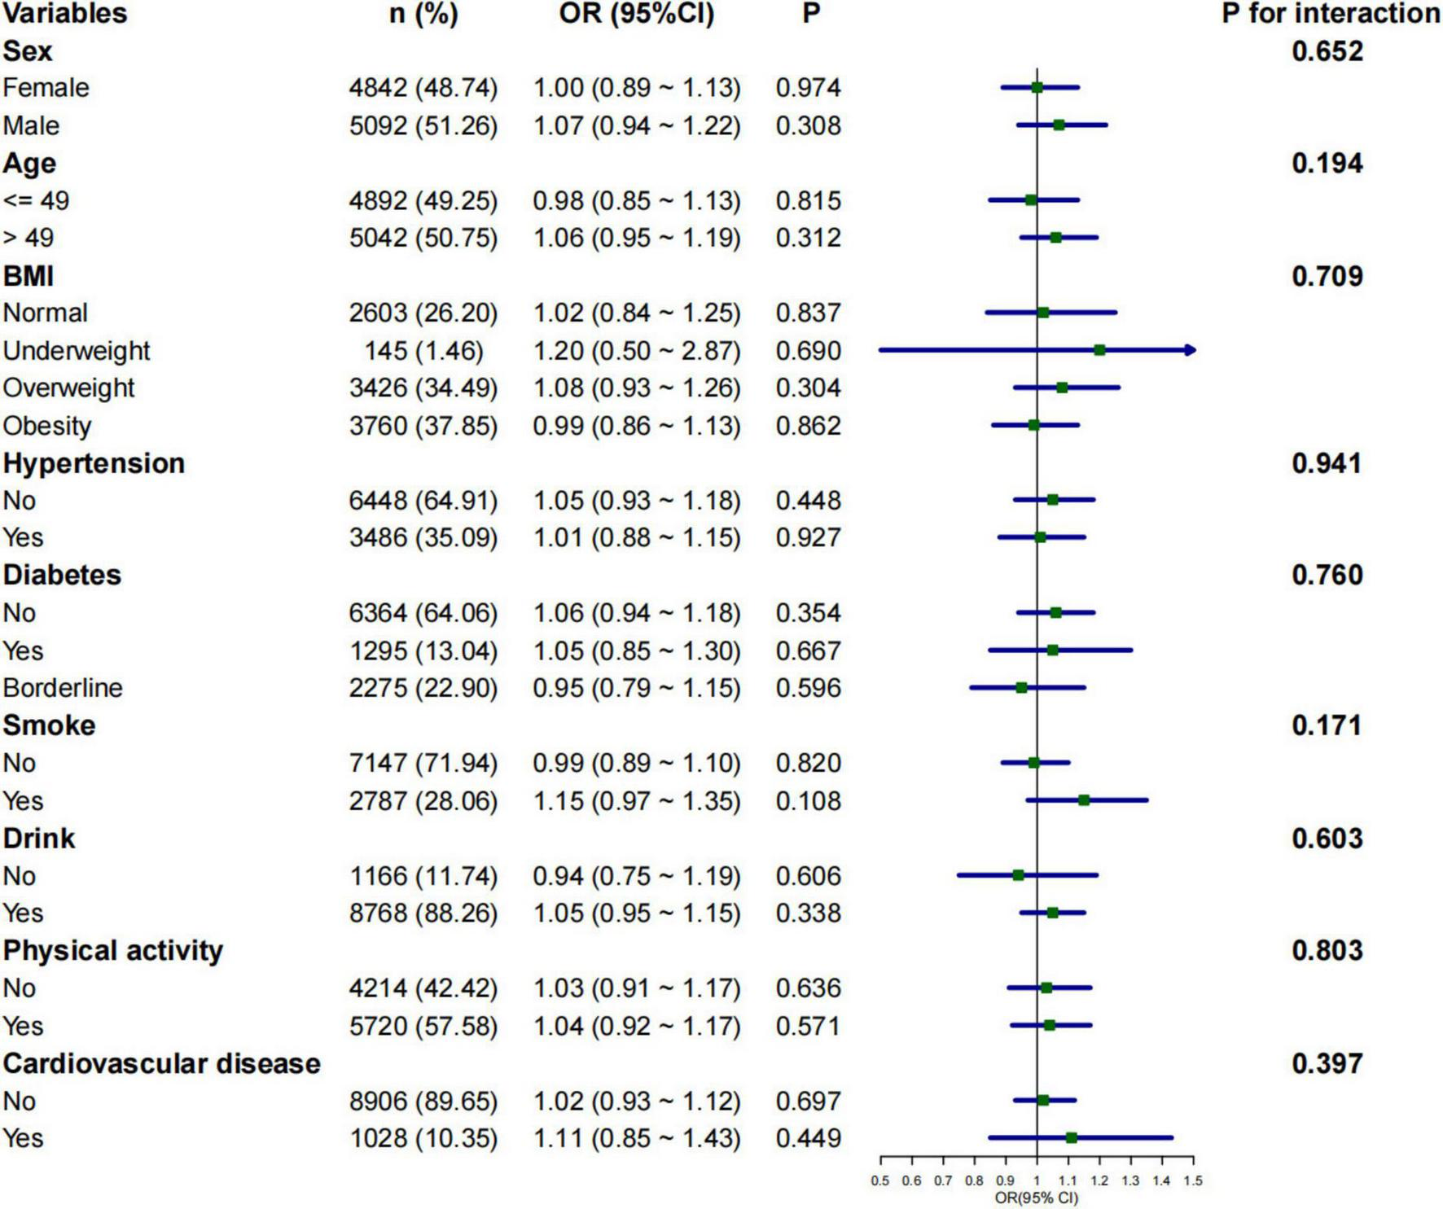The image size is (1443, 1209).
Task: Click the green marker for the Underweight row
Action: (1099, 350)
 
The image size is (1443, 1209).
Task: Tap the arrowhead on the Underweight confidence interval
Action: (1191, 350)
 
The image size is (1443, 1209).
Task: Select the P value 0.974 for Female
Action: (808, 88)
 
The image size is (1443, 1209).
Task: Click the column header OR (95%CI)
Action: (636, 14)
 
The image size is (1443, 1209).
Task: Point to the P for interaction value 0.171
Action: (1327, 725)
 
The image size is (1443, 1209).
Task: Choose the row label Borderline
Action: (63, 688)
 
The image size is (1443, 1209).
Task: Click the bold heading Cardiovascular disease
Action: (161, 1063)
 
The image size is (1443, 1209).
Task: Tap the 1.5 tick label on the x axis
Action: (1193, 1181)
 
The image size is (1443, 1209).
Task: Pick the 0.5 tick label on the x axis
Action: (880, 1181)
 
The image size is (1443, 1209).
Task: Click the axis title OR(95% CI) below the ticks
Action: (1036, 1198)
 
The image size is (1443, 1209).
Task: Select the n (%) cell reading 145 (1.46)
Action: (423, 351)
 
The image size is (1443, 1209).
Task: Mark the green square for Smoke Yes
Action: (1084, 800)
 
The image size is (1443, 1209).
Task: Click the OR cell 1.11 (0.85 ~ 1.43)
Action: (637, 1138)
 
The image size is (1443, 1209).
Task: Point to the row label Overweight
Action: (68, 388)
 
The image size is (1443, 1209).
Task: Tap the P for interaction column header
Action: (1331, 14)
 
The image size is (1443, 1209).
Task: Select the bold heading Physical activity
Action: (112, 951)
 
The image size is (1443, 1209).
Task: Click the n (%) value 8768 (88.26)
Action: (423, 913)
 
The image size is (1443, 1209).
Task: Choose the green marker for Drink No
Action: (1018, 875)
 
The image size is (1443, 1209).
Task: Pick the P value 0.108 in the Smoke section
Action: (808, 801)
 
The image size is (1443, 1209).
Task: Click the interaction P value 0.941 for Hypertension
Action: (1327, 463)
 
